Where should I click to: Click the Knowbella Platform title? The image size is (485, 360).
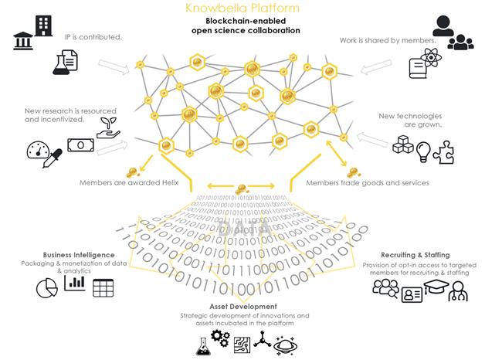pyautogui.click(x=242, y=8)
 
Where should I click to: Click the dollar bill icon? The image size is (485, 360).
pyautogui.click(x=79, y=144)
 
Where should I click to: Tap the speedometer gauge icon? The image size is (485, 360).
pyautogui.click(x=38, y=149)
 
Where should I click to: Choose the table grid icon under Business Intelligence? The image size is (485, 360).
pyautogui.click(x=103, y=288)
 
